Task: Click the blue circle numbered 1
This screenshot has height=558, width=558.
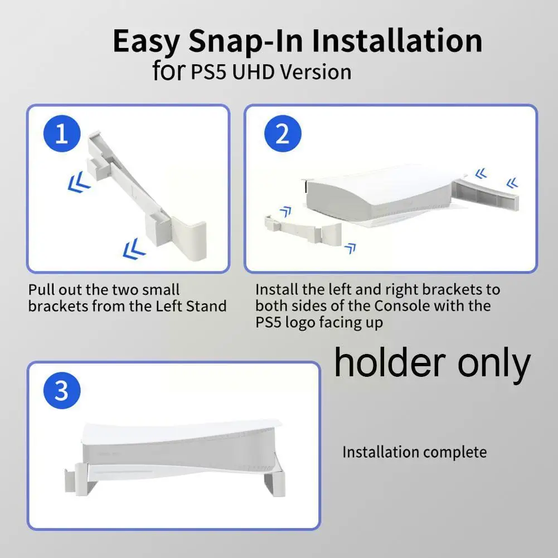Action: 62,134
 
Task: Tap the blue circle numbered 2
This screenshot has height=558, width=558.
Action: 283,134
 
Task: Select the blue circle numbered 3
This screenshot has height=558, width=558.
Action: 62,390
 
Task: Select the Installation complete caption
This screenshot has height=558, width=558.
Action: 415,452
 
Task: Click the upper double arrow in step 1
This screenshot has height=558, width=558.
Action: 79,182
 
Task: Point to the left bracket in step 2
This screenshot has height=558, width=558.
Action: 303,229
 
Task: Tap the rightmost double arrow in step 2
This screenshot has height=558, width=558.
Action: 512,183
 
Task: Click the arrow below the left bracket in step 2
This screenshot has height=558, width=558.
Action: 350,249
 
